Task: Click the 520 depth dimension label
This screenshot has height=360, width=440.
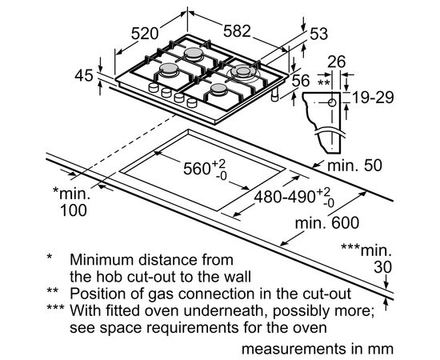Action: (x=145, y=34)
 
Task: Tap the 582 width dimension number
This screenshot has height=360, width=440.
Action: (x=237, y=31)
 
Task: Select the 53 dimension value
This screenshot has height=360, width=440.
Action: (x=318, y=34)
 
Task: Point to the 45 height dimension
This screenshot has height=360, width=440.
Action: (x=84, y=75)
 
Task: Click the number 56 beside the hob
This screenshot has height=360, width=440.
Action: (x=301, y=81)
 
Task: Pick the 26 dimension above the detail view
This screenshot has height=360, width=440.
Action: (x=337, y=62)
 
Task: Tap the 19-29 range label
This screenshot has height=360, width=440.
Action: (x=373, y=98)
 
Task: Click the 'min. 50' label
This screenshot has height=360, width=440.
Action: (x=354, y=166)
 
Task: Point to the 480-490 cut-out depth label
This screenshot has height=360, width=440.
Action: (x=285, y=197)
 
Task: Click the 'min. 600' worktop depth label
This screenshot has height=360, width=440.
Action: (x=327, y=223)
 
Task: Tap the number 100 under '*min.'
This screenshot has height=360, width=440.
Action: (x=74, y=210)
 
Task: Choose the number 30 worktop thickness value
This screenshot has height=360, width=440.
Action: (x=382, y=267)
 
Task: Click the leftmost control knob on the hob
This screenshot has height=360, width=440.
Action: (x=154, y=88)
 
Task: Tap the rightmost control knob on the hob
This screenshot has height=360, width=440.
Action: (x=192, y=103)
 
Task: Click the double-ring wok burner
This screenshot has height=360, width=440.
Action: (x=242, y=72)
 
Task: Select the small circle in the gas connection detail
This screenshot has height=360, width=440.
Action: (x=332, y=103)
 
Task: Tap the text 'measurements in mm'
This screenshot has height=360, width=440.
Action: (x=318, y=349)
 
